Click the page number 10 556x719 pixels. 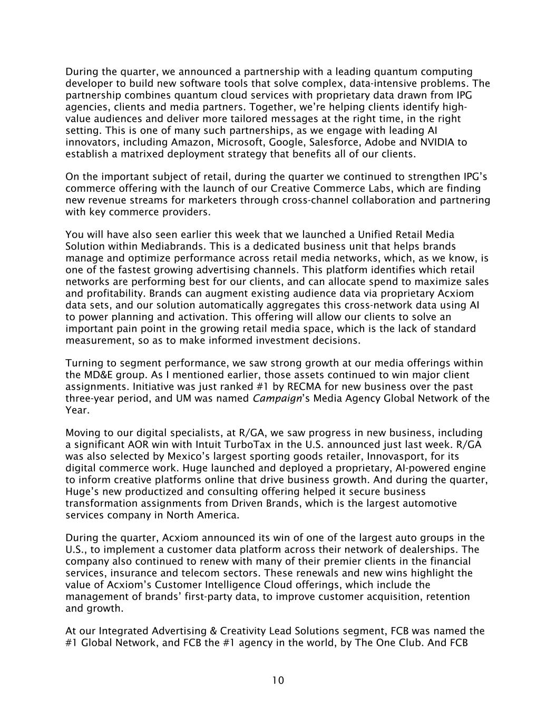pyautogui.click(x=278, y=681)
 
